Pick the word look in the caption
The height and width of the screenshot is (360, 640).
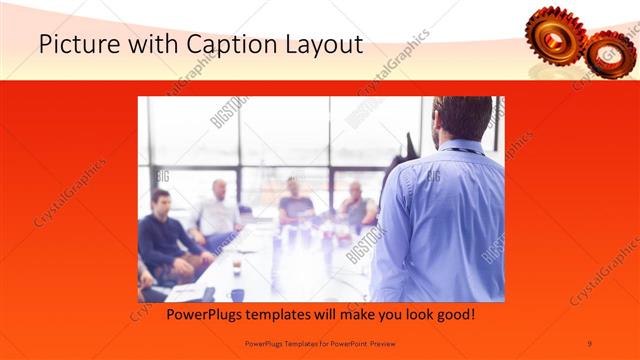pyautogui.click(x=411, y=315)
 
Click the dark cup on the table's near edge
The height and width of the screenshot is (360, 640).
pyautogui.click(x=238, y=294)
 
